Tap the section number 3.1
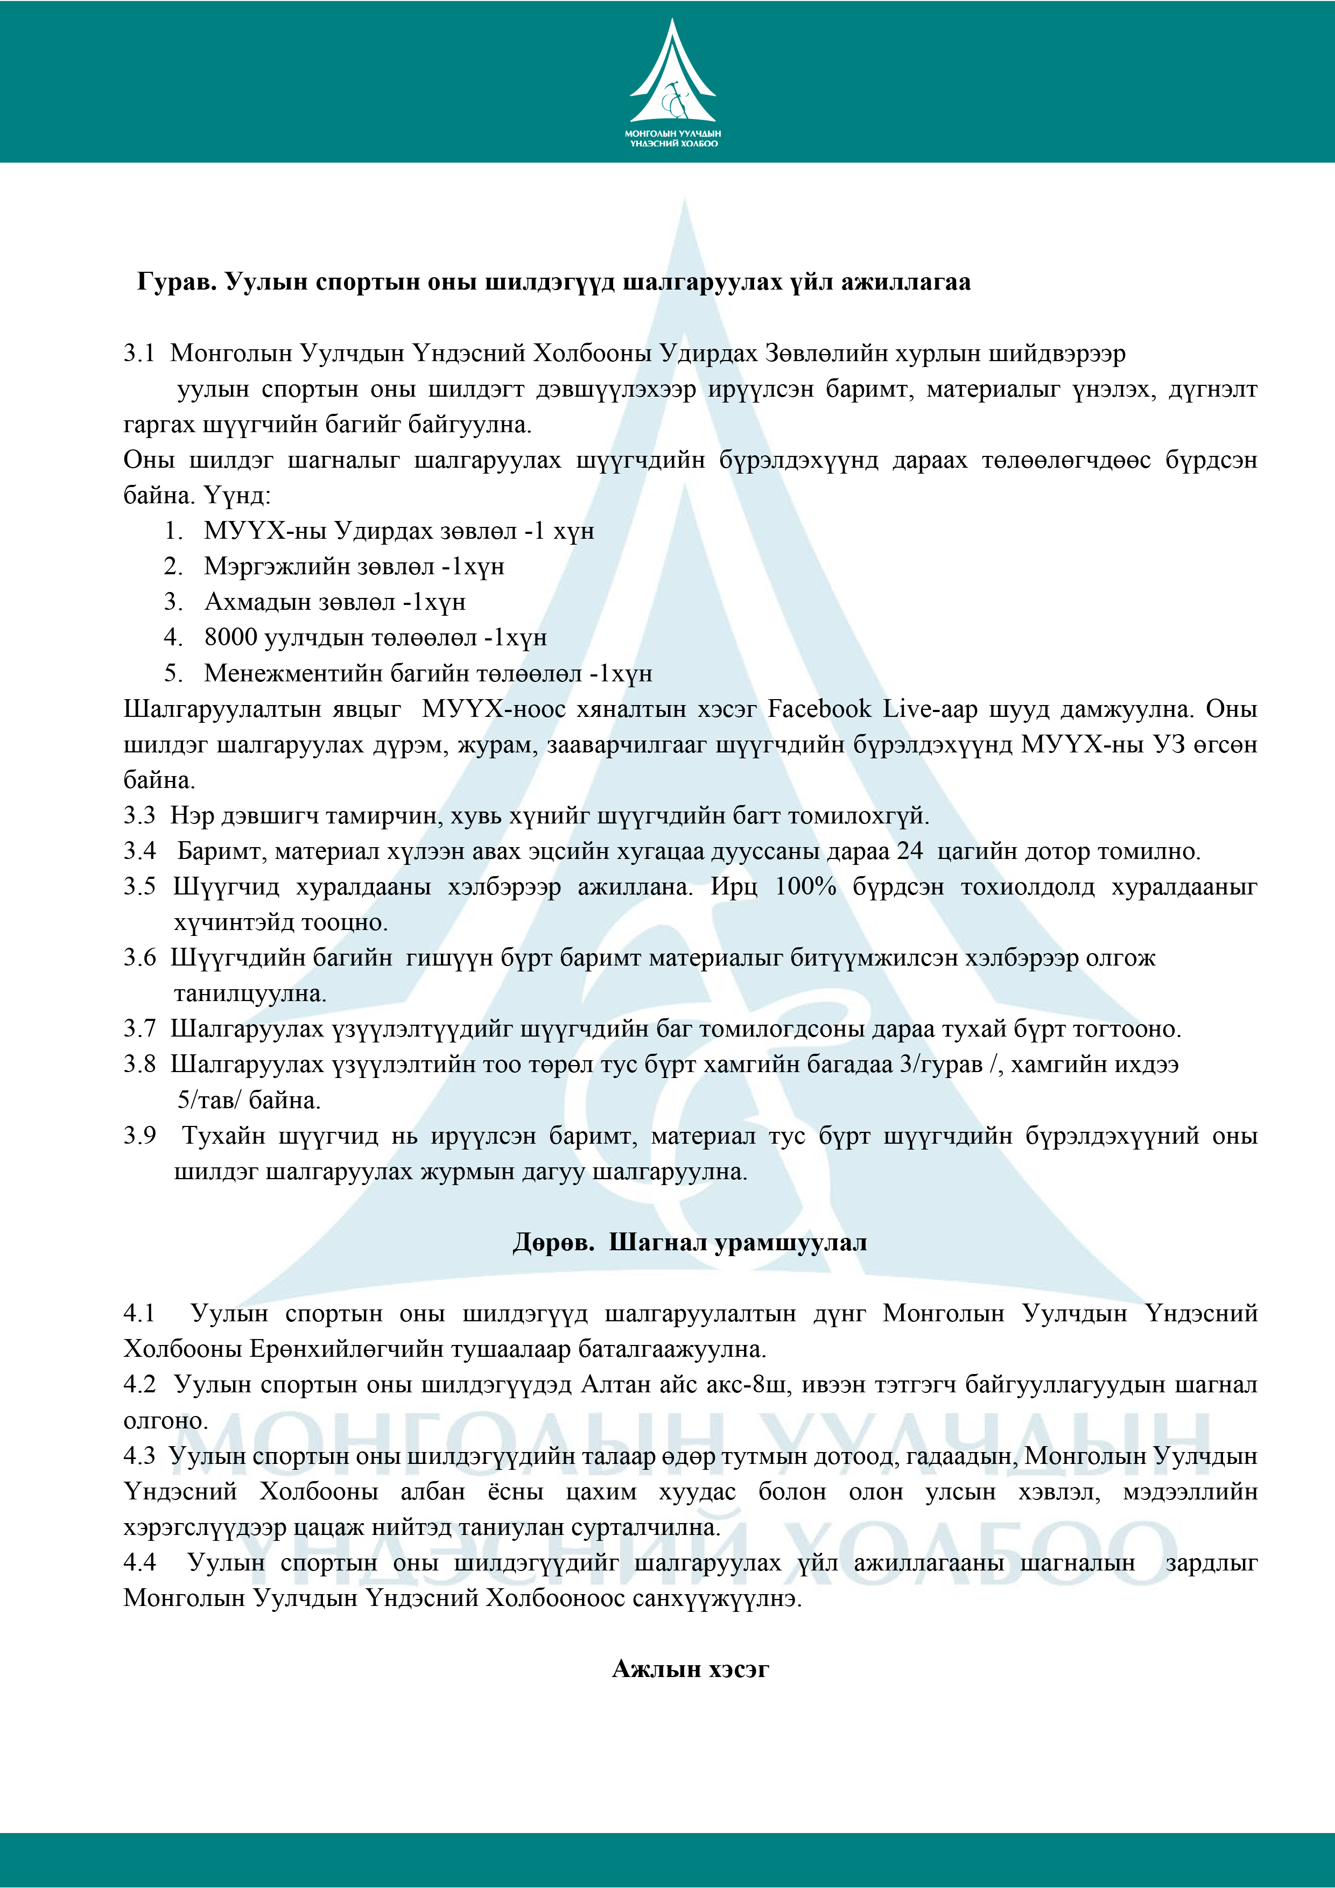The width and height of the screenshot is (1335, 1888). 139,354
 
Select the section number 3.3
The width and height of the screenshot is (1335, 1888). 139,816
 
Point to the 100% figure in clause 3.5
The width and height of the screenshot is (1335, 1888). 805,887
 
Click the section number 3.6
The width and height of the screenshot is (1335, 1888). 139,958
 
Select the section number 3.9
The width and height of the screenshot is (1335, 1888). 139,1137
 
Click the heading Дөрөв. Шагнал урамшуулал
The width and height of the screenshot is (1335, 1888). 689,1243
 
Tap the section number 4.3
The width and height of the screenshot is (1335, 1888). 139,1456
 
